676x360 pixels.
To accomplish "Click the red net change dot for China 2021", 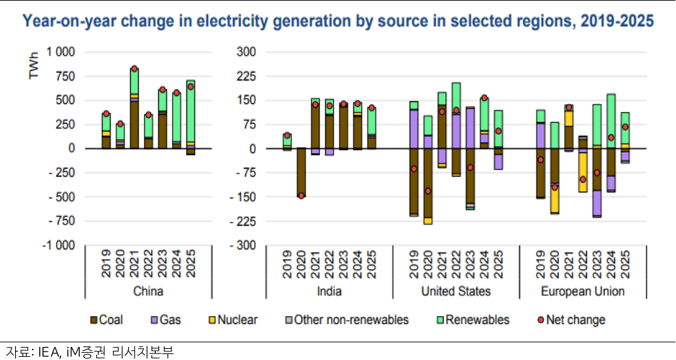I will (x=134, y=69).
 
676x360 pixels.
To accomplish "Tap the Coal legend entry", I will (x=107, y=320).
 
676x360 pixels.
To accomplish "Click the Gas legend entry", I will (x=166, y=320).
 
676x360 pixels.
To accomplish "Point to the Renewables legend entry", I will (x=472, y=320).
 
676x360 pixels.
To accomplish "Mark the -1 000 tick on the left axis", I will (x=60, y=245).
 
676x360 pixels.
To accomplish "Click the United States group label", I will (x=456, y=291).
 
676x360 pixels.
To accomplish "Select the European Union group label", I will (x=583, y=291).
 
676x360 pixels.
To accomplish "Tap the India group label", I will (x=328, y=291).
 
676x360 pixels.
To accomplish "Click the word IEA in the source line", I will (x=41, y=351).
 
